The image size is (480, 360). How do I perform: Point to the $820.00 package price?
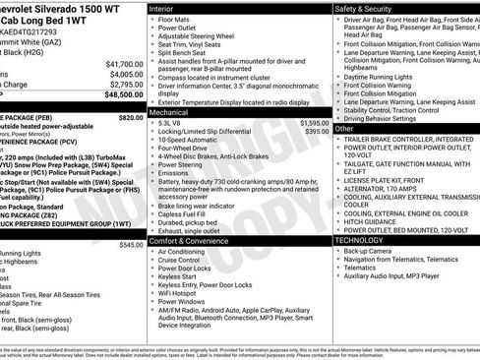(x=131, y=116)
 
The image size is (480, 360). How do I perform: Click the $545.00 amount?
(x=131, y=243)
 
